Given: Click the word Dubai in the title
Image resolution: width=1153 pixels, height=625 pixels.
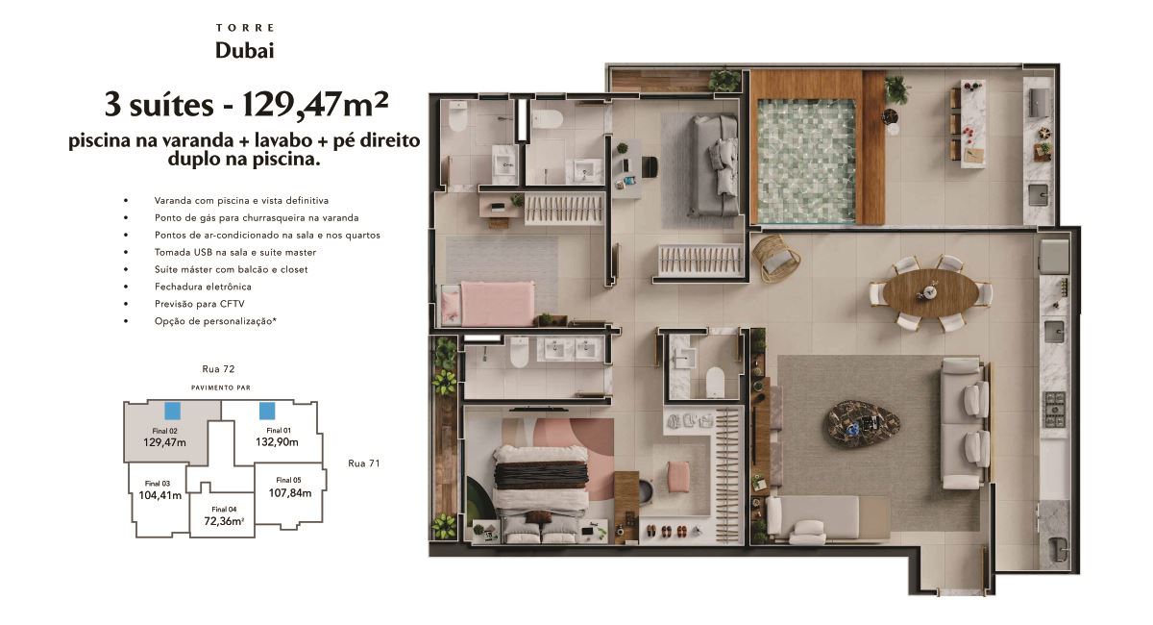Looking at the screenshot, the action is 244,51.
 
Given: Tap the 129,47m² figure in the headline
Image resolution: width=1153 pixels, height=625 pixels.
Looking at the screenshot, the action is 315,105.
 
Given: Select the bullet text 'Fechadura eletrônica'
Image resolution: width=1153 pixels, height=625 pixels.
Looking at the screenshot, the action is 203,287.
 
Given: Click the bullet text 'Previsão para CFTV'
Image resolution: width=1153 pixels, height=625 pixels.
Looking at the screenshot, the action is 200,304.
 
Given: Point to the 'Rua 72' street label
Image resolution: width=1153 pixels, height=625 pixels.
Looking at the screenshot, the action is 218,369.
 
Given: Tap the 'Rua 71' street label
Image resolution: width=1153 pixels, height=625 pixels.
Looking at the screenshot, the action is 364,463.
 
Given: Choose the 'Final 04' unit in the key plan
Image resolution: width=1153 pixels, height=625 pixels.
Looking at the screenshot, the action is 223,515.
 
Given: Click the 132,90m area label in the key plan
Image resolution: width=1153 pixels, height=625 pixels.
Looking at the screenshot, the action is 277,442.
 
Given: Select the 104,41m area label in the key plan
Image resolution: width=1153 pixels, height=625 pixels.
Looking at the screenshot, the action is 160,495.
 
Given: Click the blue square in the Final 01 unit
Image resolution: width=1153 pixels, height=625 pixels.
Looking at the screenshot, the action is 267,411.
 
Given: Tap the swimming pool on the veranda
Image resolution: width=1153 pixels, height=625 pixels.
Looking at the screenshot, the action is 806,161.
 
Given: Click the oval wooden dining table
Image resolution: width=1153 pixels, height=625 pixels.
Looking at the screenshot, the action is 931,292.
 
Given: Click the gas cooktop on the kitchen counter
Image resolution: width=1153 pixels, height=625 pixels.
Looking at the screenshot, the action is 1054,410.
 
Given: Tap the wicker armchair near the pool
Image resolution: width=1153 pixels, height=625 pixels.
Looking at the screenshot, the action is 776,258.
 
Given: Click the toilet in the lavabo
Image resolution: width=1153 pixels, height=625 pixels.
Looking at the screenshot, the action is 715,382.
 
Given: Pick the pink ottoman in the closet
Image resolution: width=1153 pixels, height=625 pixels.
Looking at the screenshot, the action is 677,477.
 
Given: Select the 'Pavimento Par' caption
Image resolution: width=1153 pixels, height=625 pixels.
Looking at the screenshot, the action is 221,387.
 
